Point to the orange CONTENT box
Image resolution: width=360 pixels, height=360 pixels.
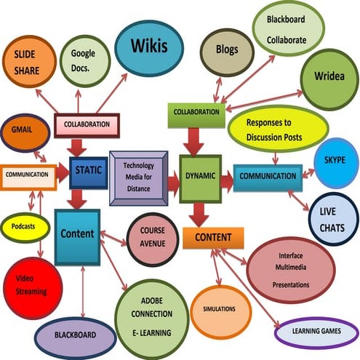click(x=212, y=238)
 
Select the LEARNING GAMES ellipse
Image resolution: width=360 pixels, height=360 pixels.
click(x=317, y=333)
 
